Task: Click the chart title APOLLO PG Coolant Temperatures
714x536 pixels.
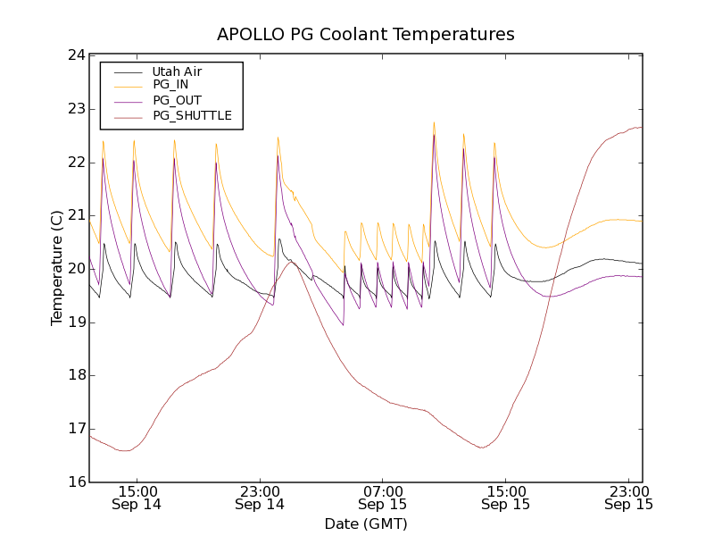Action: pos(366,35)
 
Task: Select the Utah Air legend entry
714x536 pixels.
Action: pos(177,71)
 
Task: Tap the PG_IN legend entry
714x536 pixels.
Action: pos(170,85)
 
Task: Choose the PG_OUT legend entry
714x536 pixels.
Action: pos(177,100)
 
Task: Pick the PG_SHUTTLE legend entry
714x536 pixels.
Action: pos(192,115)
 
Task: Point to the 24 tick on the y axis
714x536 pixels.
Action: pos(76,55)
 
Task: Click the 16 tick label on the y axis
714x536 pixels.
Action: pos(76,482)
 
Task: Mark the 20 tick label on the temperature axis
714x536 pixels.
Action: pos(76,269)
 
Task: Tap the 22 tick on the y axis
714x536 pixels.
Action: pos(76,163)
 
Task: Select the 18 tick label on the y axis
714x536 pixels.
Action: pos(76,375)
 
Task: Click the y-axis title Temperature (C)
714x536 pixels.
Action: pos(56,268)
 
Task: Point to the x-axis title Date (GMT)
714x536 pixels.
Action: pos(366,523)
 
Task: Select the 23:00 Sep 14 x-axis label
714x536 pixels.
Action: pos(260,498)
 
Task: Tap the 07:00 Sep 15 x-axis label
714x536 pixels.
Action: pos(383,498)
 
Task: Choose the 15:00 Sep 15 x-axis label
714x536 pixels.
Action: pos(506,498)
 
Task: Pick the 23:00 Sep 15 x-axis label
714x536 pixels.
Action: pos(628,498)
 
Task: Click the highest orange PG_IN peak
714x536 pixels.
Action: pos(434,123)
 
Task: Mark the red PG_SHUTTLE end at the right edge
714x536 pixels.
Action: pos(641,127)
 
